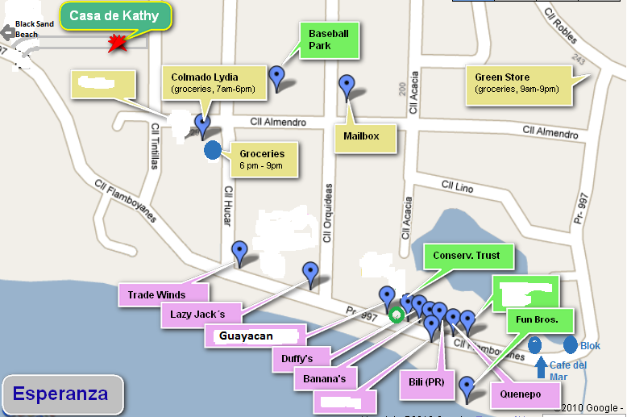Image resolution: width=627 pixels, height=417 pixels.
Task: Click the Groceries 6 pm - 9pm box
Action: [262, 159]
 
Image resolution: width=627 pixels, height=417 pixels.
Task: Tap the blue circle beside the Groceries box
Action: [213, 149]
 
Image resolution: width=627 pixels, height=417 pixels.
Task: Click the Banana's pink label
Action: [324, 378]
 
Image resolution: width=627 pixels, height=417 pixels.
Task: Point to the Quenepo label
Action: [526, 395]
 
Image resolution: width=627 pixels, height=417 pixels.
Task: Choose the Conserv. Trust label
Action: [466, 256]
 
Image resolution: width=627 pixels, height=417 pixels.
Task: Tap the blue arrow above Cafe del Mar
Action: [541, 368]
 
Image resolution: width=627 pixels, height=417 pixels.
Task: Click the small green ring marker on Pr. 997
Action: [396, 315]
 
